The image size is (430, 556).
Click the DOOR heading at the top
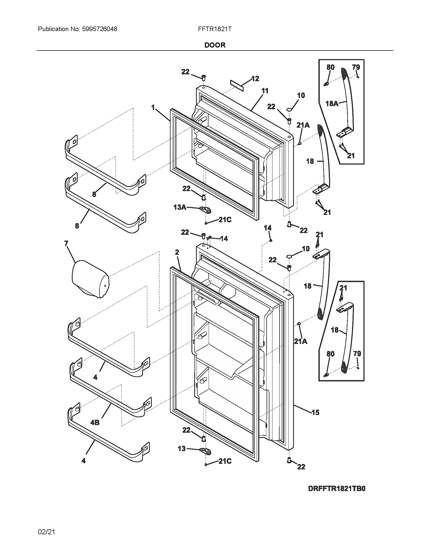pyautogui.click(x=215, y=45)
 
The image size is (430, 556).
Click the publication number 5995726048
pyautogui.click(x=100, y=29)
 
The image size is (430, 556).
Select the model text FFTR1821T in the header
pyautogui.click(x=215, y=29)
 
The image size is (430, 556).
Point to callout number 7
pyautogui.click(x=66, y=244)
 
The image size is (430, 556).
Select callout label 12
pyautogui.click(x=255, y=79)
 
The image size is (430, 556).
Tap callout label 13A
pyautogui.click(x=180, y=207)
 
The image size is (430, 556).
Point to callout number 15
pyautogui.click(x=315, y=412)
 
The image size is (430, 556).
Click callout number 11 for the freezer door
pyautogui.click(x=265, y=91)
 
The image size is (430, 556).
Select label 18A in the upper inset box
pyautogui.click(x=332, y=104)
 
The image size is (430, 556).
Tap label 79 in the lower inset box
pyautogui.click(x=357, y=354)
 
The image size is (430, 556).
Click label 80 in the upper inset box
pyautogui.click(x=330, y=67)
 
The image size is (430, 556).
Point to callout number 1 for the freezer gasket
pyautogui.click(x=153, y=108)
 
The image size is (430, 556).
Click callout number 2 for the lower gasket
pyautogui.click(x=177, y=252)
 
